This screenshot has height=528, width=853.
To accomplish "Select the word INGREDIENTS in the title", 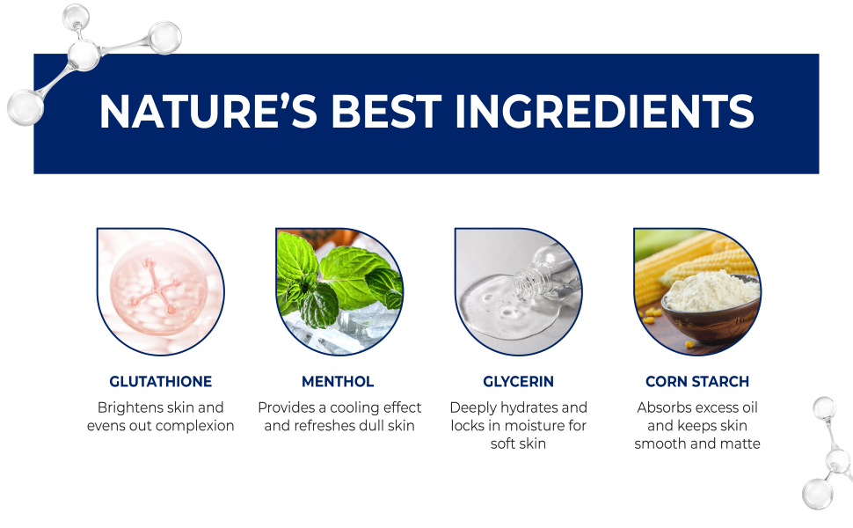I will coord(604,112).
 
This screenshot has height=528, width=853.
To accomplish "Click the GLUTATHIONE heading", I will coord(160,382).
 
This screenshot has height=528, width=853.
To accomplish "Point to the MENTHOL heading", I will coord(338,382).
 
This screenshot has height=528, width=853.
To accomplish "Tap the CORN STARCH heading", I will coord(697,382).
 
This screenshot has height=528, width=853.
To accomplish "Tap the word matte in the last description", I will coord(740,444).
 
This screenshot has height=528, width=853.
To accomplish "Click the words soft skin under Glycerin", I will coord(518,444).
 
